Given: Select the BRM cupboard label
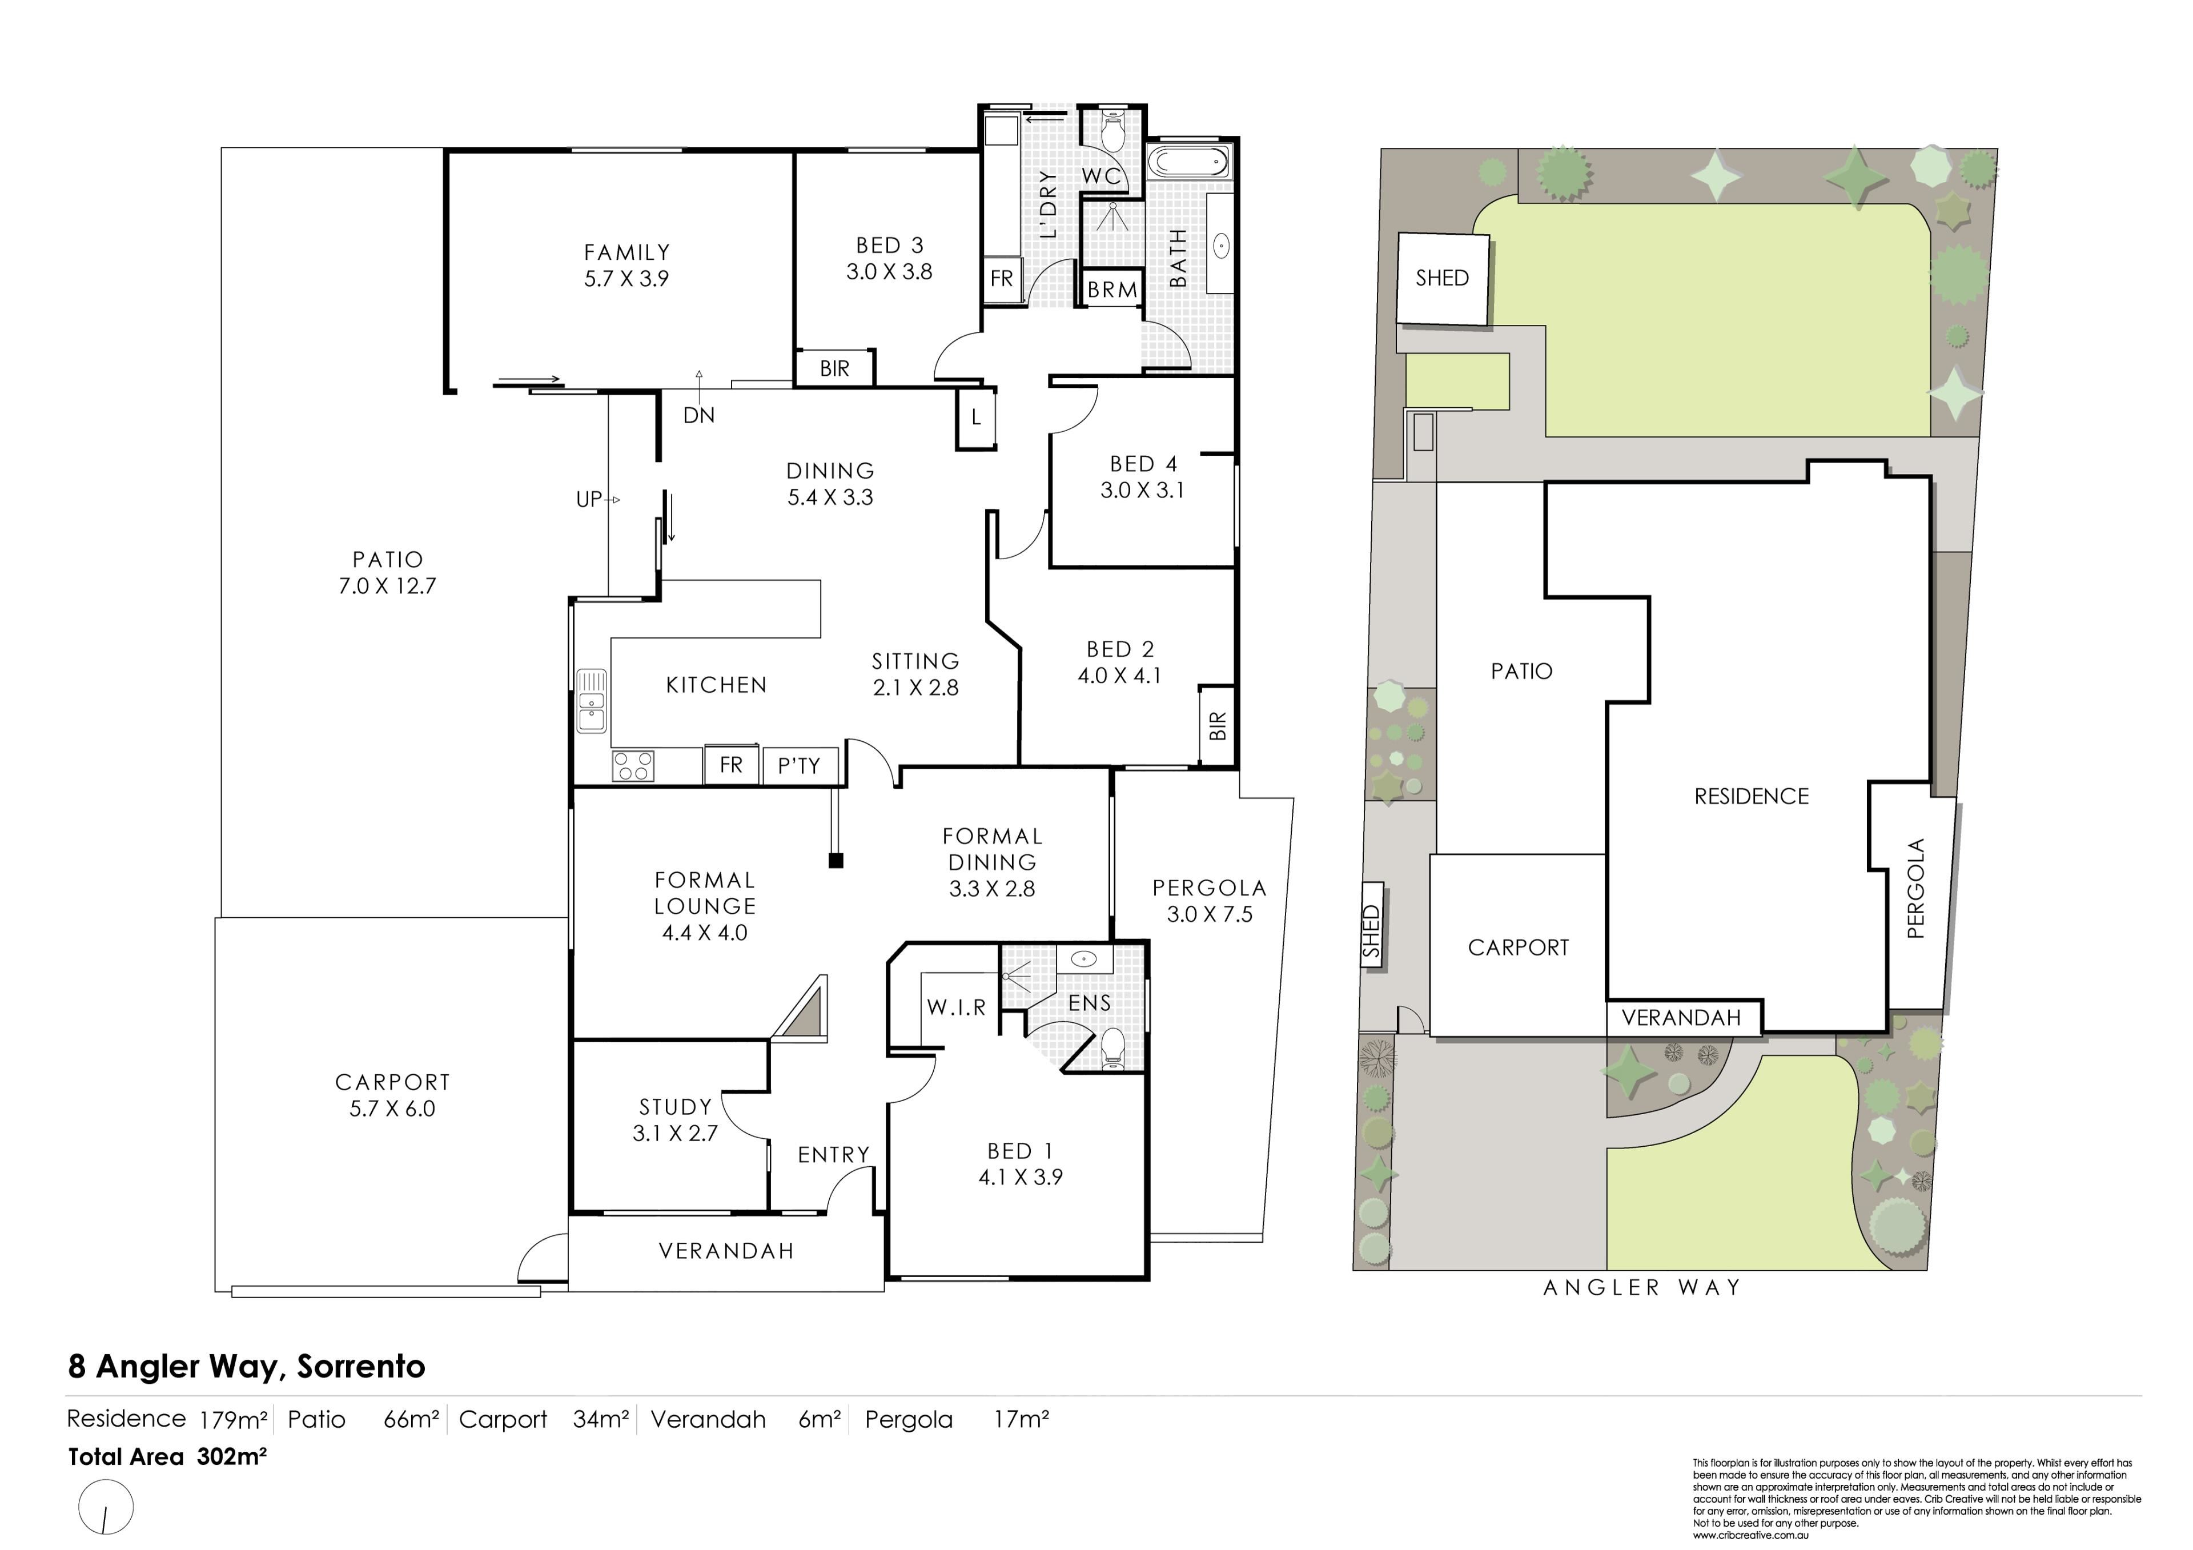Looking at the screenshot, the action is (1112, 290).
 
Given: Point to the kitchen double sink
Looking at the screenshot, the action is (591, 700).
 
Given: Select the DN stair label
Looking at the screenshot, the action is (699, 415).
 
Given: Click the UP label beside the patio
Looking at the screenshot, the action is (589, 500).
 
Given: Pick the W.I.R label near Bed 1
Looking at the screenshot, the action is (956, 1007).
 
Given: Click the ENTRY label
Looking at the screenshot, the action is (834, 1155).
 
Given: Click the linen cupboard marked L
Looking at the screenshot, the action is (976, 417).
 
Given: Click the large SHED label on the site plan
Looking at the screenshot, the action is (1442, 278).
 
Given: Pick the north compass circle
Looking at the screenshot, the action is (106, 1508).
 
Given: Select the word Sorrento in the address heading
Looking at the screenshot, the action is (361, 1367).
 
